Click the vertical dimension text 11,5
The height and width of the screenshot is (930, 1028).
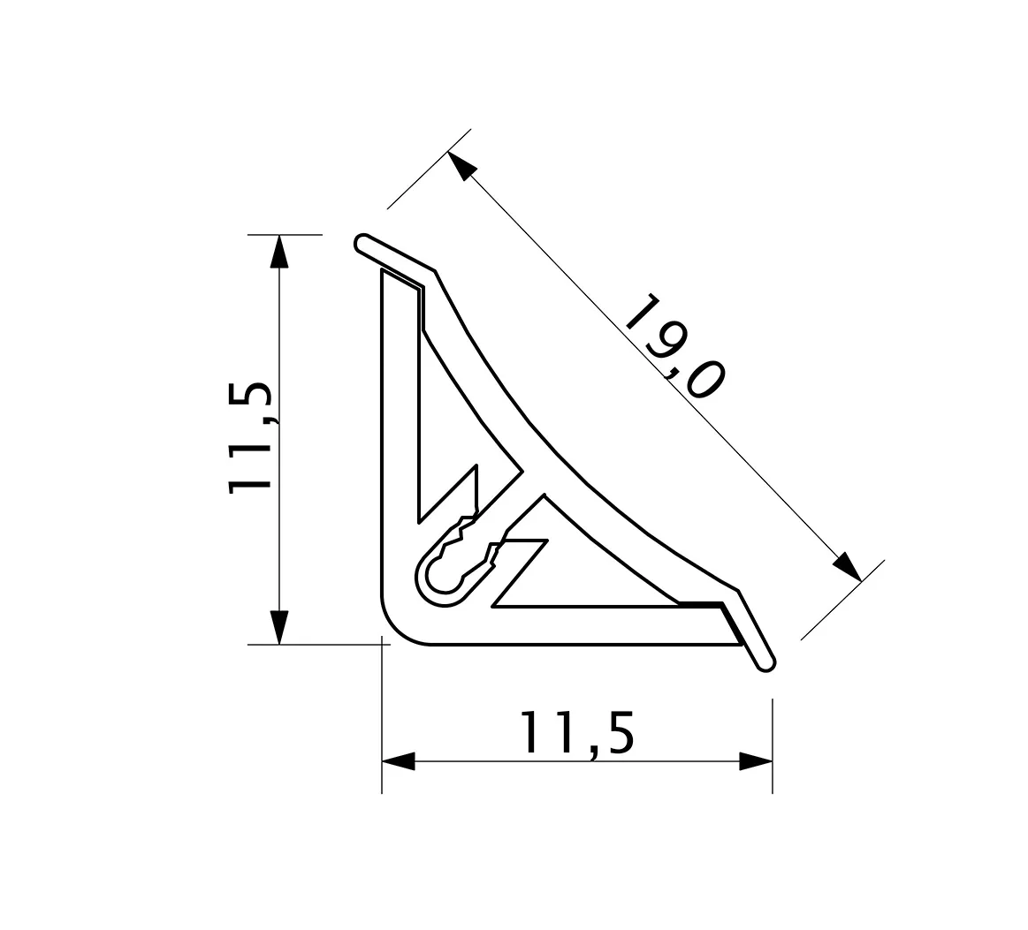coord(250,437)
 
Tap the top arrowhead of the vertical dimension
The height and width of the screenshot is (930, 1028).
coord(279,252)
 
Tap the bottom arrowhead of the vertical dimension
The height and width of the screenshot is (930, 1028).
coord(279,627)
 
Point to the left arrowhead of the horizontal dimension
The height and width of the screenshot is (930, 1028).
coord(399,761)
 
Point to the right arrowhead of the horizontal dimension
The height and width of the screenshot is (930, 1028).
coord(756,761)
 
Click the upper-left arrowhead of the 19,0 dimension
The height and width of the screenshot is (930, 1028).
coord(461,166)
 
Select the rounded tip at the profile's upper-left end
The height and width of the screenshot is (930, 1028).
coord(362,244)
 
